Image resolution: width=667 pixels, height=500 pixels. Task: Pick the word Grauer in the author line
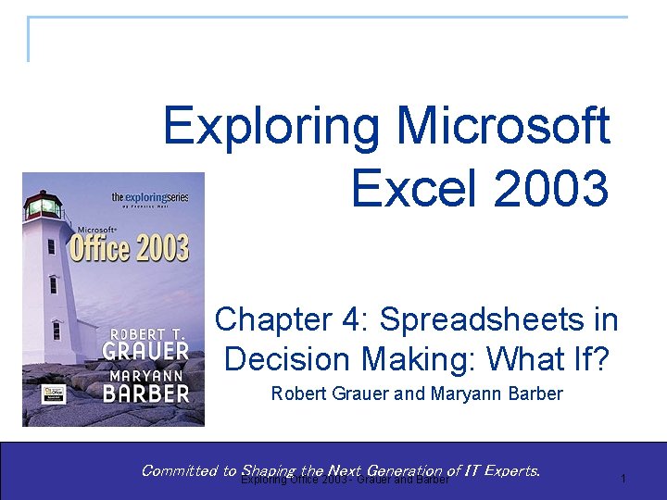358,394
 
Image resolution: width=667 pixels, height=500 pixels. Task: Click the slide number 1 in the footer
623,478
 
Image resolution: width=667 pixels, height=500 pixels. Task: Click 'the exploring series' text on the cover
149,197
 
